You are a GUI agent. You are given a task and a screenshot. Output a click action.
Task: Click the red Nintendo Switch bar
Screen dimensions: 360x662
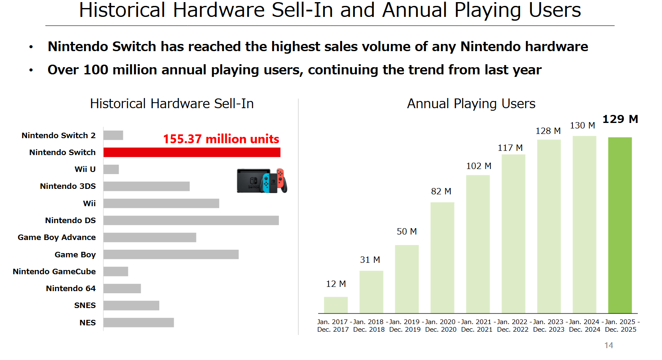point(192,152)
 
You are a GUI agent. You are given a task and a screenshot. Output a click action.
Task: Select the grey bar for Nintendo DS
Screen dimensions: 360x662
point(191,220)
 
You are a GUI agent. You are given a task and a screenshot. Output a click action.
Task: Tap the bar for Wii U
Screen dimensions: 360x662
point(111,169)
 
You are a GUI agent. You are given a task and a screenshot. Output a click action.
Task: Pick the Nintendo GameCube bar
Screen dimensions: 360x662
point(116,271)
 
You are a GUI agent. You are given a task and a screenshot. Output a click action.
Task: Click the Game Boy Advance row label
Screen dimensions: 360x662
point(57,237)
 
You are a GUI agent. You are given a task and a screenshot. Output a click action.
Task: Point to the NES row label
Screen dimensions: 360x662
point(87,322)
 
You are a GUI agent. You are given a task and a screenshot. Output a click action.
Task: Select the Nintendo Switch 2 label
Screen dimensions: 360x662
point(58,135)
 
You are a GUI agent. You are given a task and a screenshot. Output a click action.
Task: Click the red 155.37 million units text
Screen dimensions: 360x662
point(221,139)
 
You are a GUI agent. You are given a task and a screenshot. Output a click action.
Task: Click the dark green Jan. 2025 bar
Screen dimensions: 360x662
point(620,225)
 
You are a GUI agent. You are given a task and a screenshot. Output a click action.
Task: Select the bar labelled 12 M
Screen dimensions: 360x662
point(336,305)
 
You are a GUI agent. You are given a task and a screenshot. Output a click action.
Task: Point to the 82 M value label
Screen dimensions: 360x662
point(441,191)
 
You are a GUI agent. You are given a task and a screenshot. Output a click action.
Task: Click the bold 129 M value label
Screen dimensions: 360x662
point(620,119)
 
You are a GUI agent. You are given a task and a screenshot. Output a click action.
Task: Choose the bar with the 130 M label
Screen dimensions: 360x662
point(584,224)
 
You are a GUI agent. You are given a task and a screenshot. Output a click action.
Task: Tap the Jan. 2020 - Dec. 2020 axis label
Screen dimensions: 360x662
point(441,326)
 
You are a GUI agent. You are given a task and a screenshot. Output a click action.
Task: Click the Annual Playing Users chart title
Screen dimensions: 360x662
point(471,104)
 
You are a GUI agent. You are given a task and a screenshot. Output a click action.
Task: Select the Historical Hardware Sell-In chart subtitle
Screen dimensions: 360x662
point(172,104)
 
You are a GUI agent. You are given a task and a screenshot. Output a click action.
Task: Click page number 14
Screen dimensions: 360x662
point(609,345)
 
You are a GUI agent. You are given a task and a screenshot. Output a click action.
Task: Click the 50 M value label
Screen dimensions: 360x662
point(406,232)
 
